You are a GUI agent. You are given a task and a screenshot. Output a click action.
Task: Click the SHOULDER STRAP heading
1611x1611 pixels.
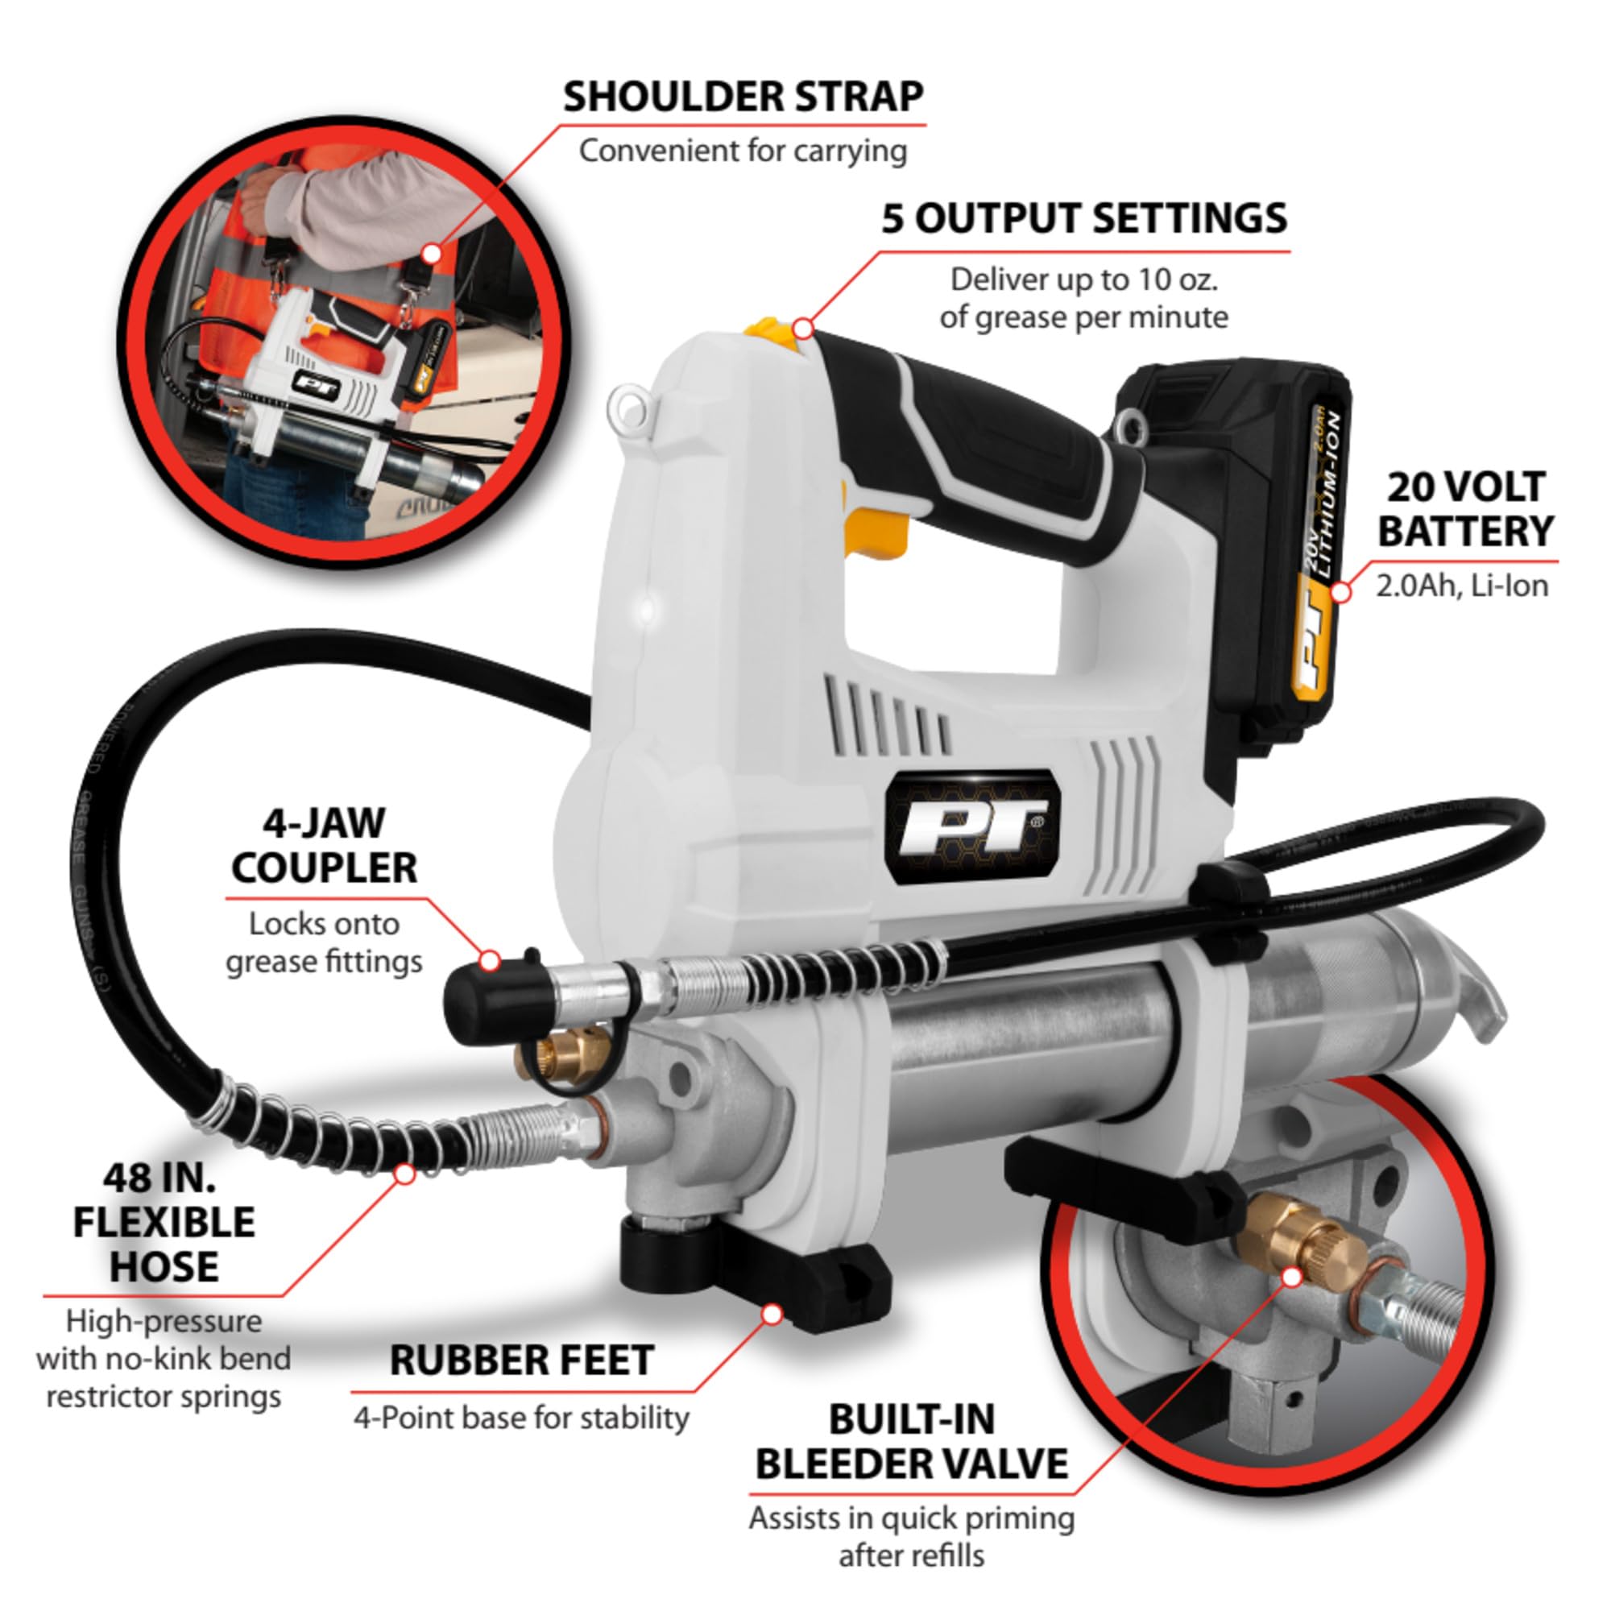[743, 97]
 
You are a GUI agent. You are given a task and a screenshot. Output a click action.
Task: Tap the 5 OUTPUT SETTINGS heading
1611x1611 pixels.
[1084, 218]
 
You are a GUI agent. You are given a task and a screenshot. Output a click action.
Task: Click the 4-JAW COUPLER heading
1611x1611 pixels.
[325, 847]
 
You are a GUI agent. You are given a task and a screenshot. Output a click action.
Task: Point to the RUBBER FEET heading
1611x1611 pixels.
[521, 1360]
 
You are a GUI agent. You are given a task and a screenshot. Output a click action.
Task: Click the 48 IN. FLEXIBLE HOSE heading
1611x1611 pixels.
[164, 1223]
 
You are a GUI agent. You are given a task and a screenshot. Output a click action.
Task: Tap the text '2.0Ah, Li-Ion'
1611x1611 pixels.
[1462, 586]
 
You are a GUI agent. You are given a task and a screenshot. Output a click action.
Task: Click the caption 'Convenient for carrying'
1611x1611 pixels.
[743, 151]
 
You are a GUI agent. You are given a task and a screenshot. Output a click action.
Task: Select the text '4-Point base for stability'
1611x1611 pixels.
[521, 1418]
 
